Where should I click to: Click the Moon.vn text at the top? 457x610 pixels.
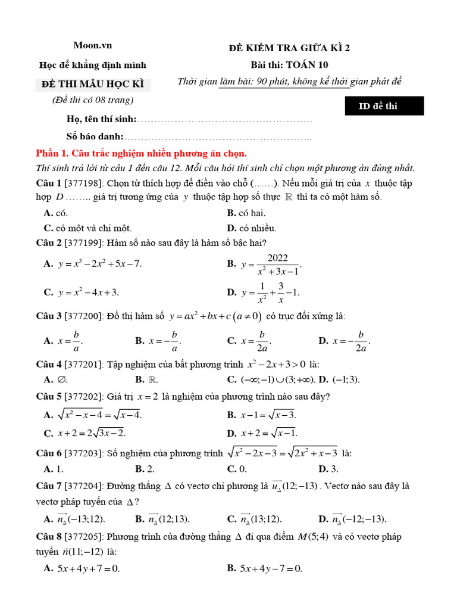[92, 45]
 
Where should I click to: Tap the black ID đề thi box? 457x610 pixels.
[384, 106]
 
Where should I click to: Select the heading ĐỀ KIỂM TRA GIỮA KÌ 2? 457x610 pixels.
[289, 48]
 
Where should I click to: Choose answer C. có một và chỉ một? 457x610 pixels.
[88, 228]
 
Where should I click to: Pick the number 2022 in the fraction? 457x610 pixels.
[277, 257]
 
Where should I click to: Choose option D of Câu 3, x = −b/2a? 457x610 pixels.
[345, 341]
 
